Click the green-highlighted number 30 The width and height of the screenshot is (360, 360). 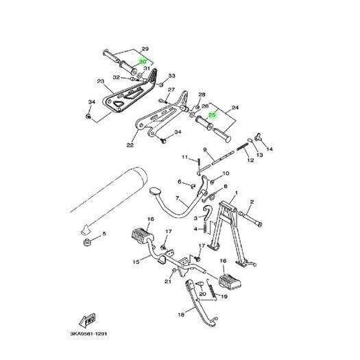coord(143,62)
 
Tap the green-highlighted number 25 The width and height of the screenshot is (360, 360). coord(212,115)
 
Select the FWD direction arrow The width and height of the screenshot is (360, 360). coord(87,320)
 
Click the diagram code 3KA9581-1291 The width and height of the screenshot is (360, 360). coord(88,333)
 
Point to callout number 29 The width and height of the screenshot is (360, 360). coord(145,49)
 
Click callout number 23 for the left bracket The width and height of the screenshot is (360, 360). coord(101,81)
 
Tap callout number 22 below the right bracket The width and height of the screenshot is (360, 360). coord(130,145)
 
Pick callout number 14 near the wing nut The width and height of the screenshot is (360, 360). coord(269,149)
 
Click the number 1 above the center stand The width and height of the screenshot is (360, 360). coord(237,193)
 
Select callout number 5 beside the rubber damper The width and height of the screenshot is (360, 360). coord(104,234)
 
